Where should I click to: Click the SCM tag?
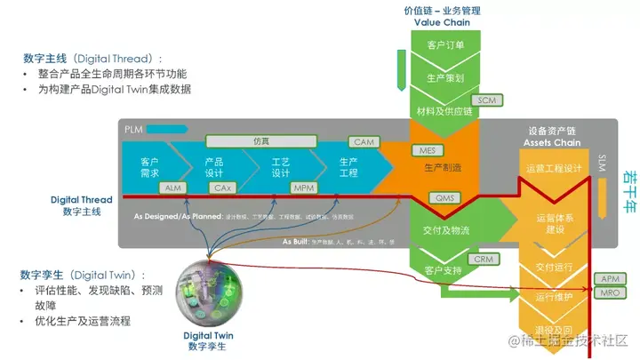click(486, 100)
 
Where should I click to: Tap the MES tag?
click(426, 150)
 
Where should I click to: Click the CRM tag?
click(483, 259)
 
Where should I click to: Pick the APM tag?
click(610, 279)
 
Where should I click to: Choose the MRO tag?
click(610, 292)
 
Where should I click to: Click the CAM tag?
click(364, 142)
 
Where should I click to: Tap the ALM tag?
click(172, 188)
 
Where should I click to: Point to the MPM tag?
click(304, 188)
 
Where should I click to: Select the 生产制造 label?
click(442, 167)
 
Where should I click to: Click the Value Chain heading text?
click(442, 22)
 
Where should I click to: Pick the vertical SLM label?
click(602, 163)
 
